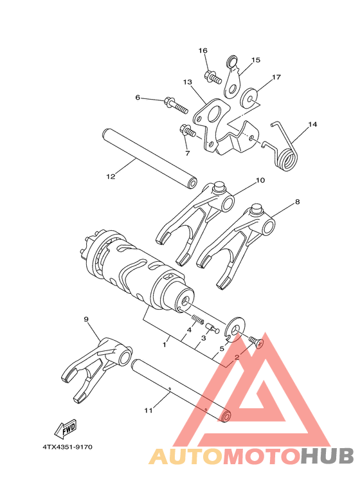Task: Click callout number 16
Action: [203, 51]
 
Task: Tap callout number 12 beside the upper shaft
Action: [111, 175]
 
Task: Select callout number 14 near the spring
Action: [313, 125]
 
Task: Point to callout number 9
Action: [86, 319]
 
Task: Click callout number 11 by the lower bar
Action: [148, 410]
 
